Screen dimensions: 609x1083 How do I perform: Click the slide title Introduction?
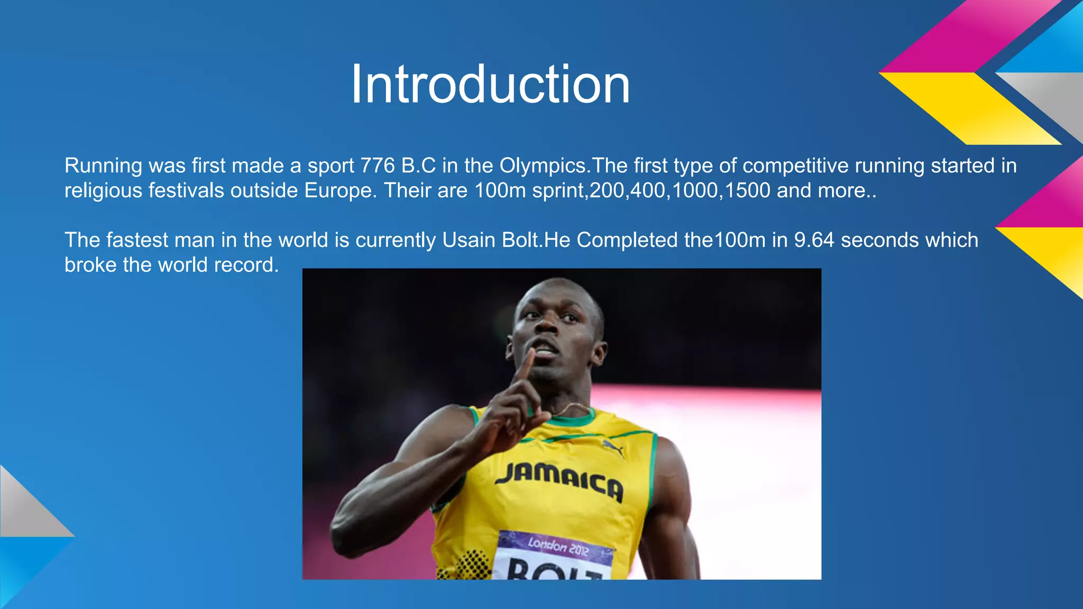(490, 85)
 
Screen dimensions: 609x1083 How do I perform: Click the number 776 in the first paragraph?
(378, 166)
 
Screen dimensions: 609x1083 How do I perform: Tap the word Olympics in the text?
(543, 166)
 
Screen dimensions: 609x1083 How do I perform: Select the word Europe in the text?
(340, 190)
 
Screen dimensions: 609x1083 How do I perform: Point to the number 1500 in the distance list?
(747, 190)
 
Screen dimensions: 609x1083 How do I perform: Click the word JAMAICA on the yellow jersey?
(559, 478)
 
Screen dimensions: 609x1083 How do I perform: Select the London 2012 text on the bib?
(557, 547)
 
